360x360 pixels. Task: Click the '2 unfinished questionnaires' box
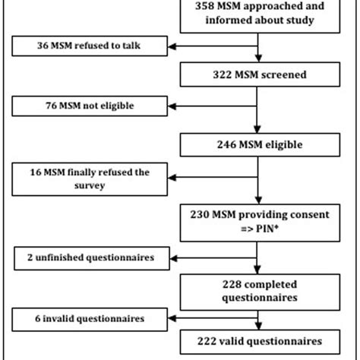[85, 258]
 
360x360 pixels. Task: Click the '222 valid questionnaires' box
[257, 343]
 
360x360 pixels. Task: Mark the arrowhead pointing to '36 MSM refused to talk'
[173, 47]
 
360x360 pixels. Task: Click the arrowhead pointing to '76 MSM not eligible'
[173, 106]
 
